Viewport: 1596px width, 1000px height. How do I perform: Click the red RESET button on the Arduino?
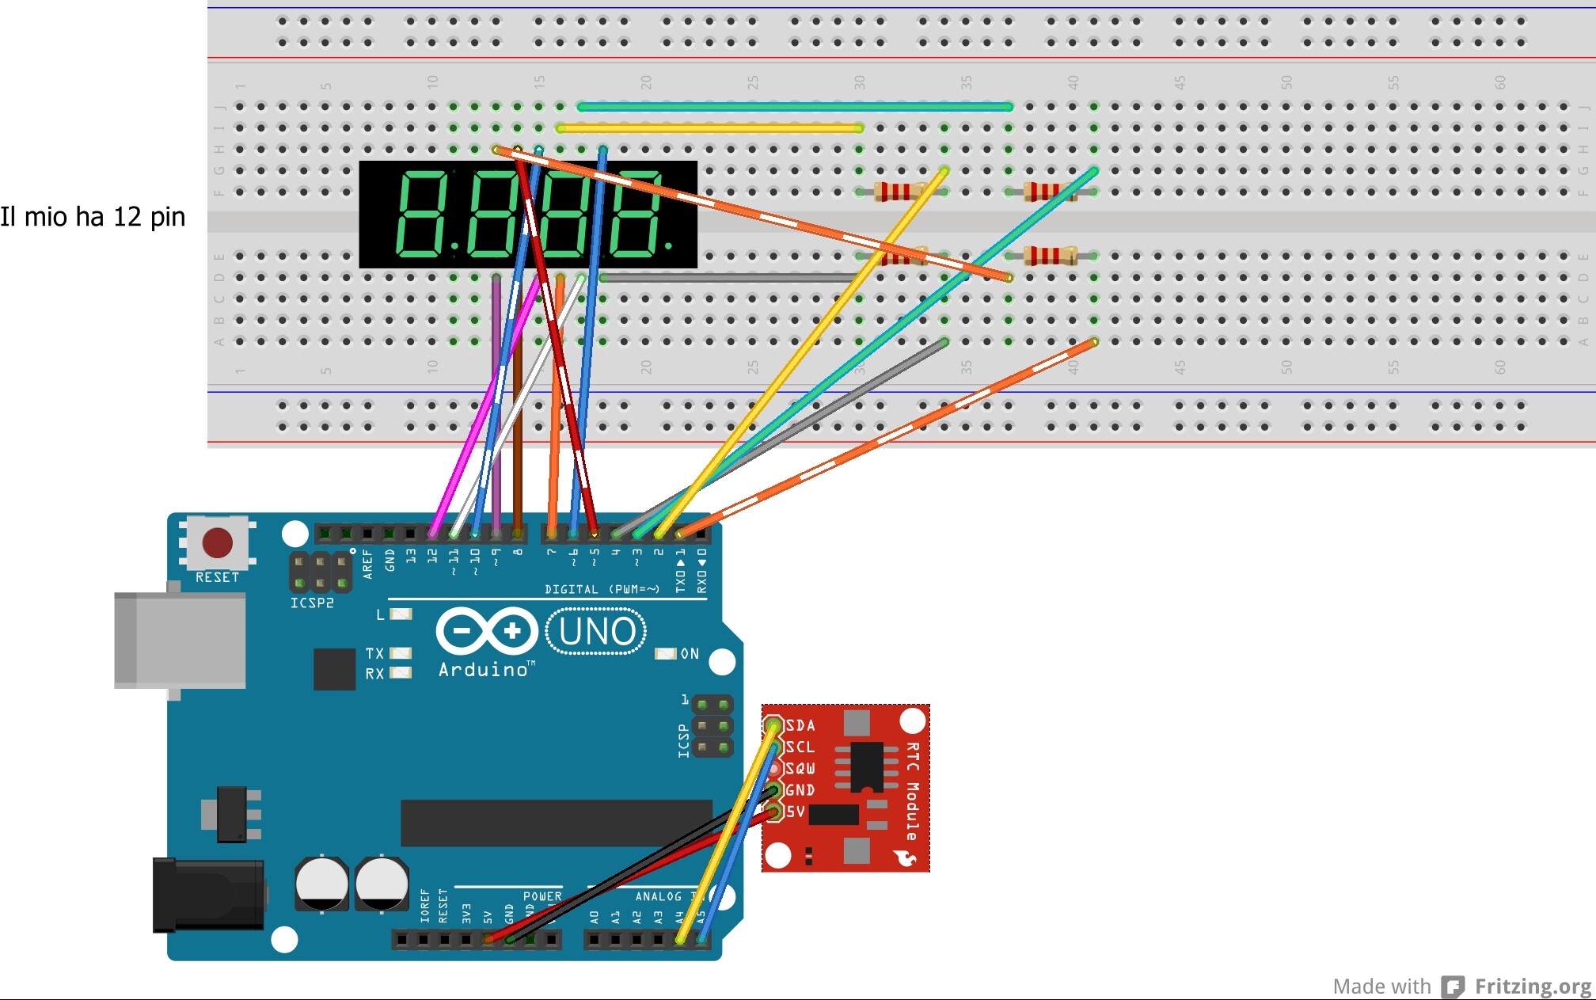pyautogui.click(x=217, y=543)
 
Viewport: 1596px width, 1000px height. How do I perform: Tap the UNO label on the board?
pyautogui.click(x=597, y=632)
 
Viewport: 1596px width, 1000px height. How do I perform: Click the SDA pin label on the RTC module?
pyautogui.click(x=800, y=725)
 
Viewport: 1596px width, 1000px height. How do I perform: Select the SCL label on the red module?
pyautogui.click(x=800, y=747)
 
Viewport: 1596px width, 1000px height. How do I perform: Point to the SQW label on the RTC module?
pyautogui.click(x=800, y=768)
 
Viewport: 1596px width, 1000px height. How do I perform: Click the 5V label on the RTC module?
pyautogui.click(x=796, y=812)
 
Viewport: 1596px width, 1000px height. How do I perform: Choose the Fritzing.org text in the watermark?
pyautogui.click(x=1533, y=987)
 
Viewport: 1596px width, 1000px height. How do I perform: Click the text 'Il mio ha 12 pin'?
pyautogui.click(x=93, y=216)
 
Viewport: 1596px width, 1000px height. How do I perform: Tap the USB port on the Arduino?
pyautogui.click(x=180, y=641)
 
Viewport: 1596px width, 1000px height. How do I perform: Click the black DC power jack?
pyautogui.click(x=208, y=895)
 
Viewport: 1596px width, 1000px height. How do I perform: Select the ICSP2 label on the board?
pyautogui.click(x=312, y=603)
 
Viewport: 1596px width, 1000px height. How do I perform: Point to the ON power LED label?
pyautogui.click(x=690, y=654)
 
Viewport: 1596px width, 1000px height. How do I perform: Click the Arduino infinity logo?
pyautogui.click(x=487, y=631)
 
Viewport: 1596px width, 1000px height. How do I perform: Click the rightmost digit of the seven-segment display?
pyautogui.click(x=635, y=215)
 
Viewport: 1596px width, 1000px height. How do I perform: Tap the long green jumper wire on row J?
pyautogui.click(x=796, y=107)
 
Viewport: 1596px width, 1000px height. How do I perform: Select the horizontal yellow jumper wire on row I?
pyautogui.click(x=710, y=128)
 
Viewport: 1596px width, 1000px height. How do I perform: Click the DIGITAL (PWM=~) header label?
pyautogui.click(x=602, y=589)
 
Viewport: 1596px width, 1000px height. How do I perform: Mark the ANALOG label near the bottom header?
pyautogui.click(x=658, y=896)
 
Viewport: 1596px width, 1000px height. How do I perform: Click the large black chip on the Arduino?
pyautogui.click(x=556, y=823)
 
